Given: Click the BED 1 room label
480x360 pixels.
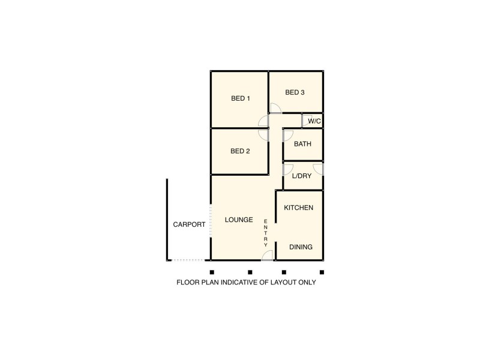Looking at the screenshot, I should [240, 98].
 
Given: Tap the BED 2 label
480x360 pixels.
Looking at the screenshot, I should [240, 151].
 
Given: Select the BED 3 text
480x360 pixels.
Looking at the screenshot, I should [295, 92].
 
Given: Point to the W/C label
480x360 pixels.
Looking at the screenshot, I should [314, 122].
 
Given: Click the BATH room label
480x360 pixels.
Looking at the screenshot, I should [302, 144].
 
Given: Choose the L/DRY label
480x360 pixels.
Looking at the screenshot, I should [302, 176].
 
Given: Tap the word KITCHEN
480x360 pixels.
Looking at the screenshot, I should [298, 208].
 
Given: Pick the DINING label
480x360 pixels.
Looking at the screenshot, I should [301, 247].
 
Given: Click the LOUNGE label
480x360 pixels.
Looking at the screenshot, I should [239, 220].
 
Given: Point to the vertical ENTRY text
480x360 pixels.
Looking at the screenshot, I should [266, 233].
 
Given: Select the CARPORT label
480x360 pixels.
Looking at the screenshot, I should [189, 225].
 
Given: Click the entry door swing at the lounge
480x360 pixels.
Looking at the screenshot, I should [268, 256].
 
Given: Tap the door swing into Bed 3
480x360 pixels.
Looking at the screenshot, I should [275, 108].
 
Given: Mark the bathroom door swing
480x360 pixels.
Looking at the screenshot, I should [287, 136].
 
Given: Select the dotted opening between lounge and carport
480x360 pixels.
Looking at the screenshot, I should [210, 222].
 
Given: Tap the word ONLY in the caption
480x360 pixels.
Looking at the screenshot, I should [306, 282].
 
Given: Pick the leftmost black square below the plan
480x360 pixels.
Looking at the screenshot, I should [212, 272].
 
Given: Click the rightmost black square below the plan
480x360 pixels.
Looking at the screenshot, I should [322, 272].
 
